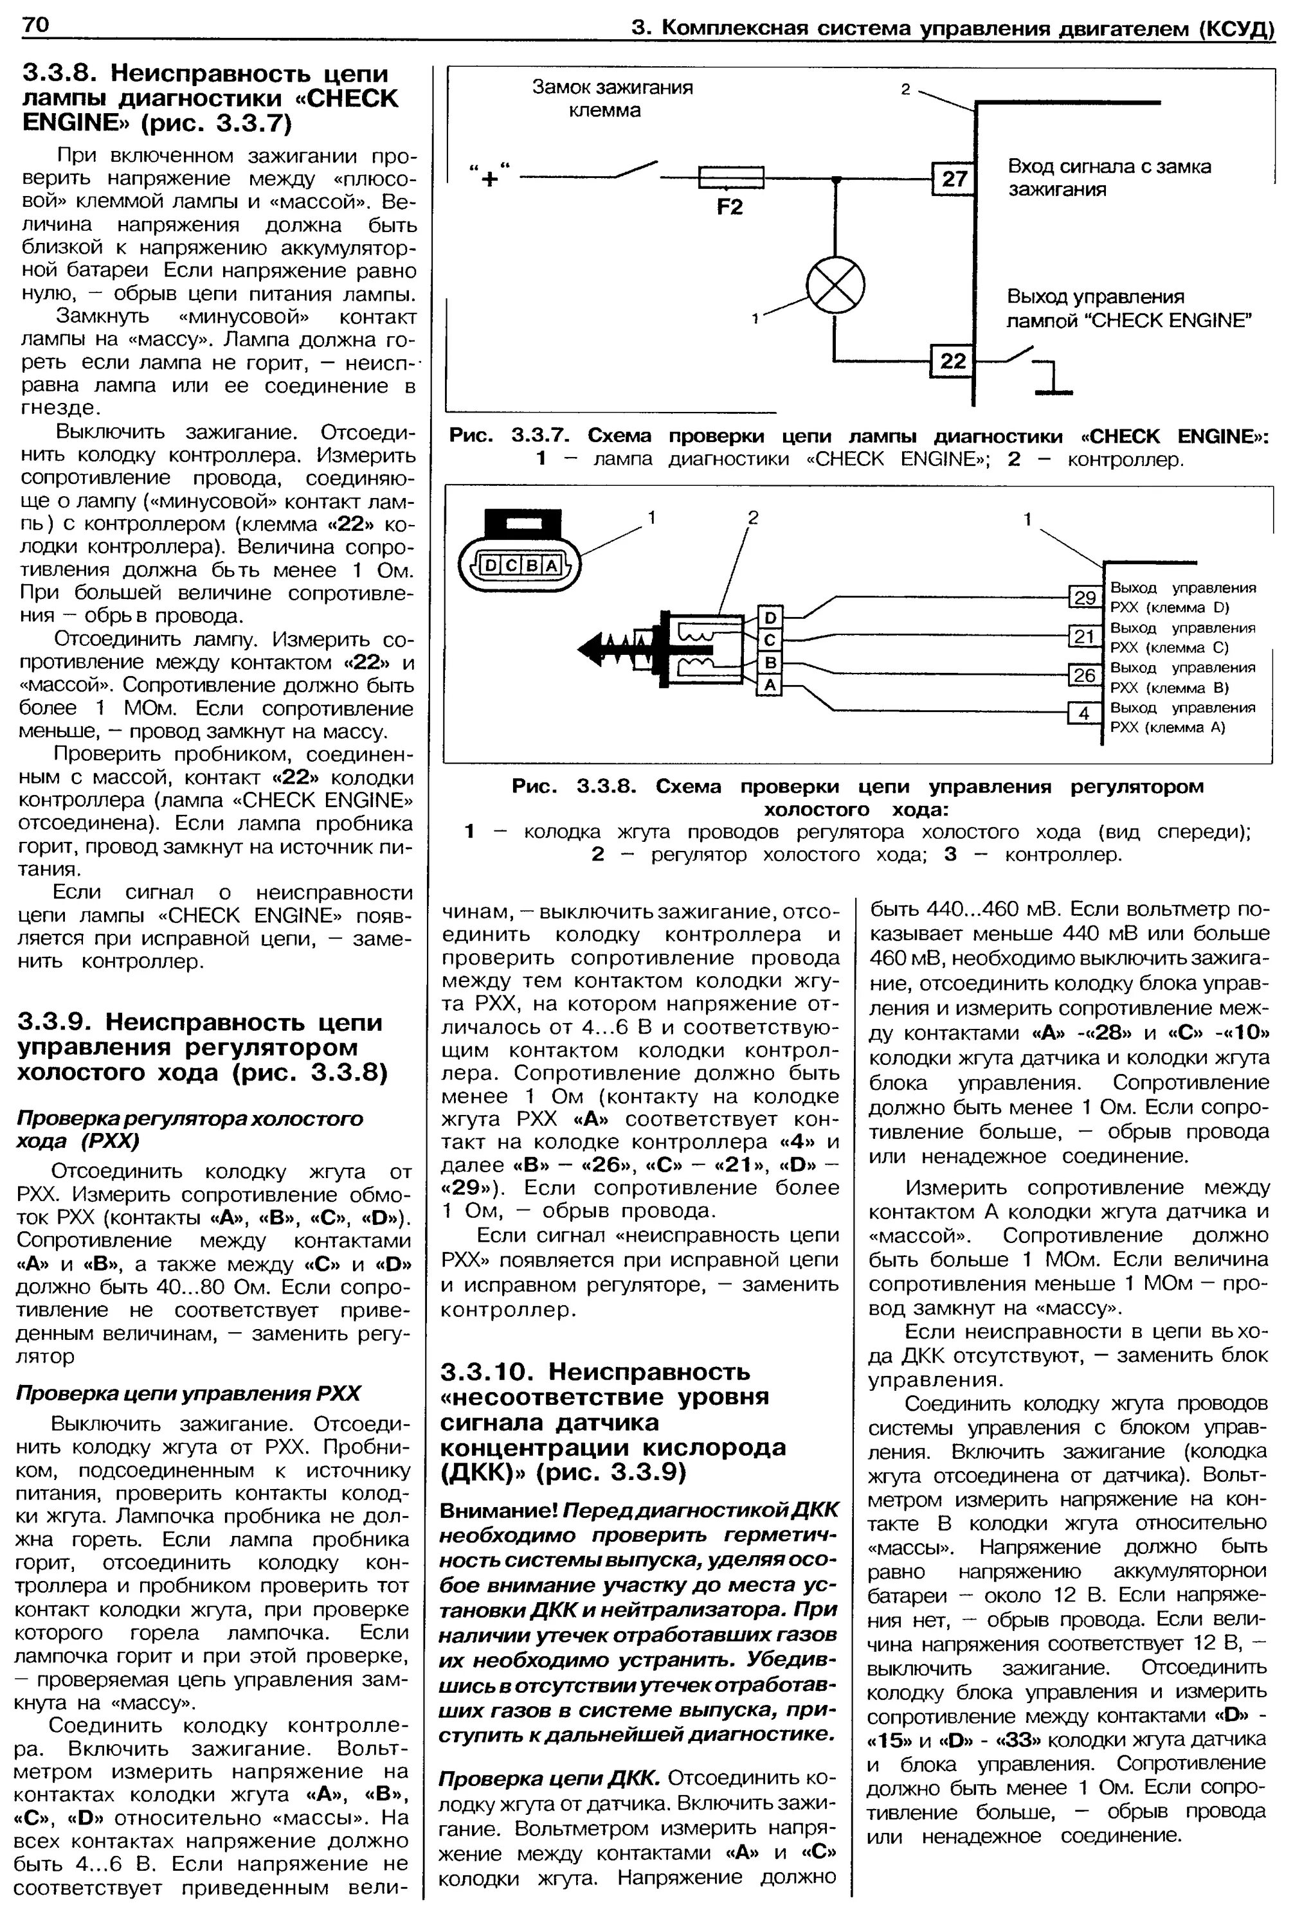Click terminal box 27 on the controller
(x=954, y=179)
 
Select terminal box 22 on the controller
(x=953, y=360)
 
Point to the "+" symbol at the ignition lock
(x=491, y=177)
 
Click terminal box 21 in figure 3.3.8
(x=1084, y=636)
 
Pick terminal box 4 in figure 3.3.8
(x=1084, y=713)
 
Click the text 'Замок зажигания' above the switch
(x=612, y=88)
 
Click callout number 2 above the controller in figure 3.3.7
(x=906, y=88)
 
